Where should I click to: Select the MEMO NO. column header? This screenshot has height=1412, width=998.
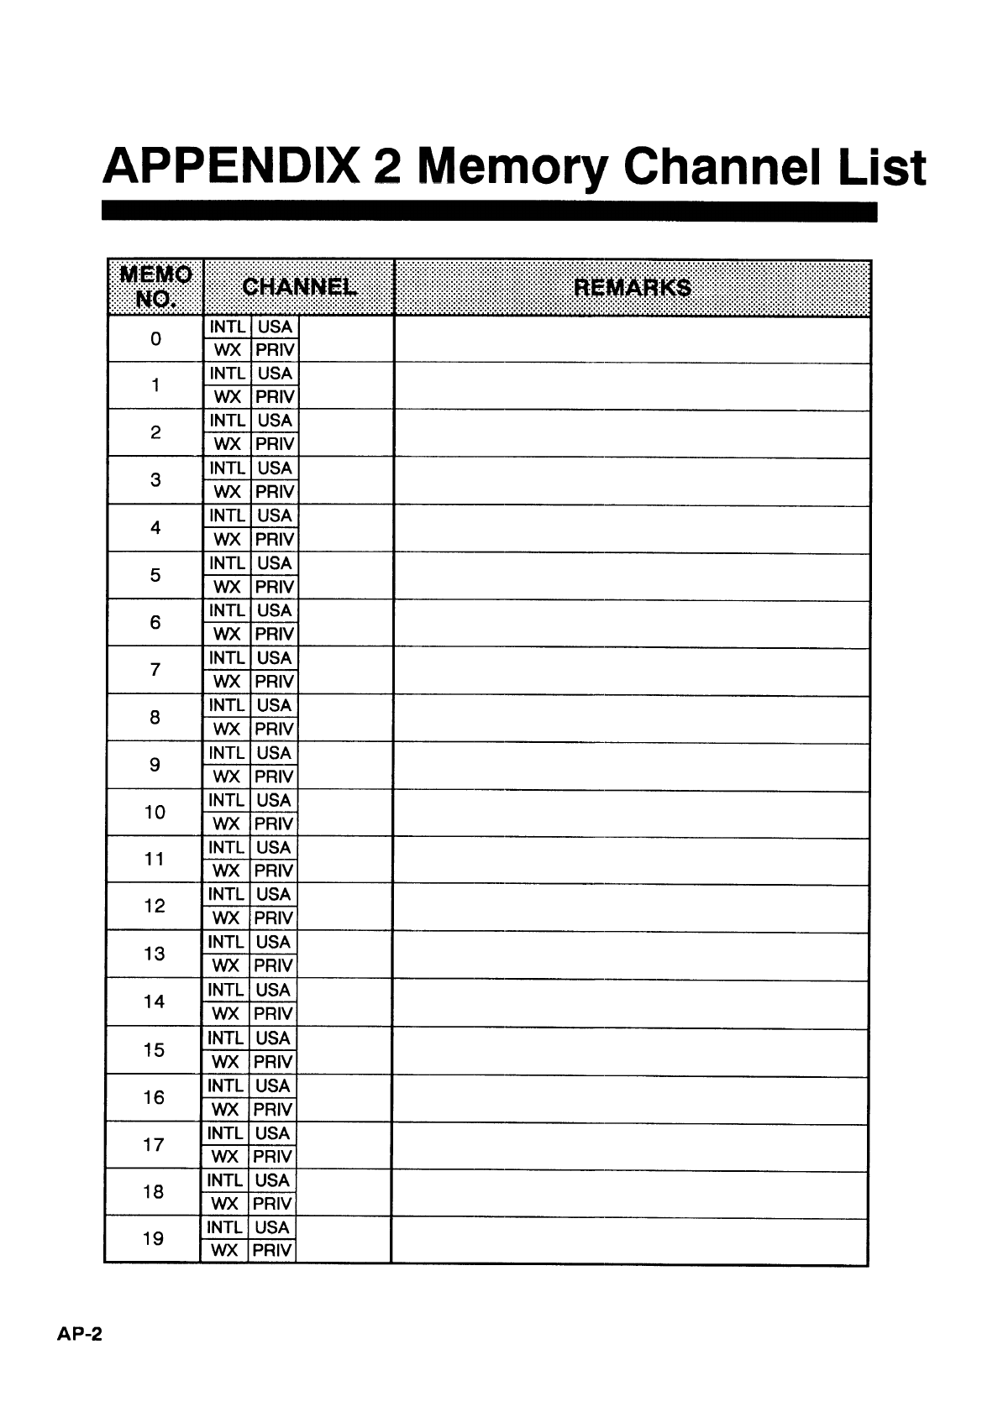coord(155,287)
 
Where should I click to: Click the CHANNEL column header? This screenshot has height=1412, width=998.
coord(298,287)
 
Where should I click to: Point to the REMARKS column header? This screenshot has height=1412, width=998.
coord(632,287)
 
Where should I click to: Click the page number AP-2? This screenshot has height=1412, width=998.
coord(80,1334)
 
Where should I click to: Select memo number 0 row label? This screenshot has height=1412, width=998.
coord(155,339)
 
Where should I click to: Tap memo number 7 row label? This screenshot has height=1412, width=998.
coord(155,670)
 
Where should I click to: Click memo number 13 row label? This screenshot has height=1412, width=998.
coord(155,954)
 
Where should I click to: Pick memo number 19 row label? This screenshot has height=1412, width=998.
coord(154,1238)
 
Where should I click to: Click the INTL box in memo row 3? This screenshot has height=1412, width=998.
coord(227,468)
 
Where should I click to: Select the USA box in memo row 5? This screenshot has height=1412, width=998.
coord(275,563)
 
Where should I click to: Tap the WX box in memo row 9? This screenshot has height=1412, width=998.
coord(227,777)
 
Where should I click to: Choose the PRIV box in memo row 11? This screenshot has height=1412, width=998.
coord(274,871)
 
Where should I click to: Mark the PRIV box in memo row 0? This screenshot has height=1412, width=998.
coord(275,350)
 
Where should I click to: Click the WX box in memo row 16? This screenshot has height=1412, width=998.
coord(225,1109)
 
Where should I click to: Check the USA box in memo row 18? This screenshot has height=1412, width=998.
coord(272,1180)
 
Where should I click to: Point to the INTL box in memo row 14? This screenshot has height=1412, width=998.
coord(225,991)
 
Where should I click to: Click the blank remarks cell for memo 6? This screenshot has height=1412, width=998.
coord(632,623)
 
